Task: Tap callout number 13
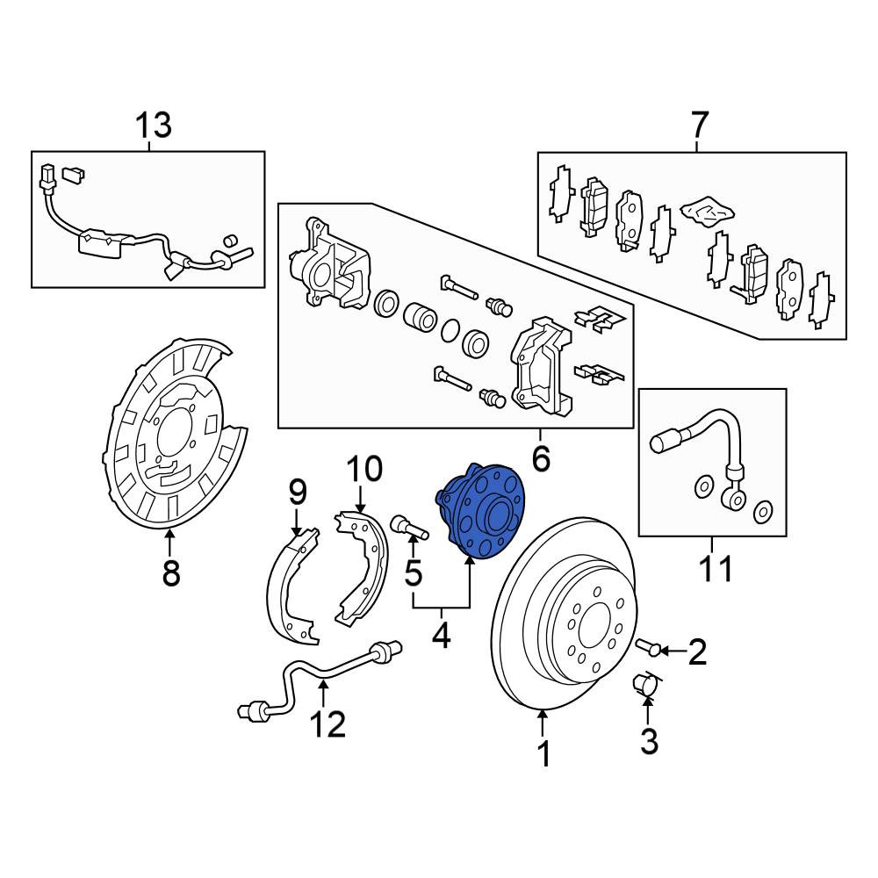click(154, 125)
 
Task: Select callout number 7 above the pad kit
click(700, 125)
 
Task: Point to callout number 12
click(328, 724)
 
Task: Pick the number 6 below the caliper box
click(540, 459)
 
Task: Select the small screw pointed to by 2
click(647, 647)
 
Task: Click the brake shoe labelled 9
click(294, 588)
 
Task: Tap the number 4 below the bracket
click(442, 635)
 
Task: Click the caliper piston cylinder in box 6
click(420, 317)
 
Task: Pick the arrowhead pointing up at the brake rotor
click(542, 715)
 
